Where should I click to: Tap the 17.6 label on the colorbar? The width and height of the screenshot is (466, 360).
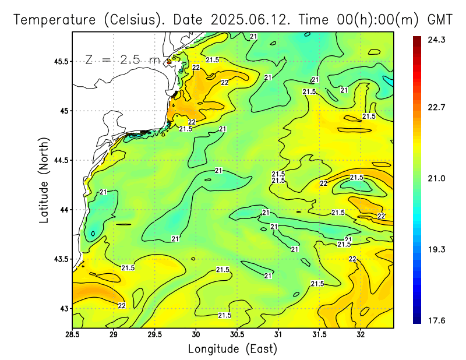(437, 320)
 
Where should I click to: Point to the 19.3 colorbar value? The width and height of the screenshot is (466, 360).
(437, 249)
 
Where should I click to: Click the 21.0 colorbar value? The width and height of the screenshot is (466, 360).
(437, 178)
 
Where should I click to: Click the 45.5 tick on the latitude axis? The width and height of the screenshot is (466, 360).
(59, 61)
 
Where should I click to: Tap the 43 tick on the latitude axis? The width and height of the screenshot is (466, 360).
(63, 308)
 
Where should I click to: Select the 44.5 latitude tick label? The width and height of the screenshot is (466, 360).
(59, 160)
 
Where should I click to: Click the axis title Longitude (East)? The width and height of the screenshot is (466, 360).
(232, 349)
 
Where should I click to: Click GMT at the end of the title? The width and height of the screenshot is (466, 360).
(440, 19)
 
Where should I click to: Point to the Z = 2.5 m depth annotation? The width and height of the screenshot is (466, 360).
(122, 59)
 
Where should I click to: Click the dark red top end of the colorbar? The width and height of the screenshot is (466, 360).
(417, 38)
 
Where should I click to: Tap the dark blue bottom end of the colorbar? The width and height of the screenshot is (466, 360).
(417, 320)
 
